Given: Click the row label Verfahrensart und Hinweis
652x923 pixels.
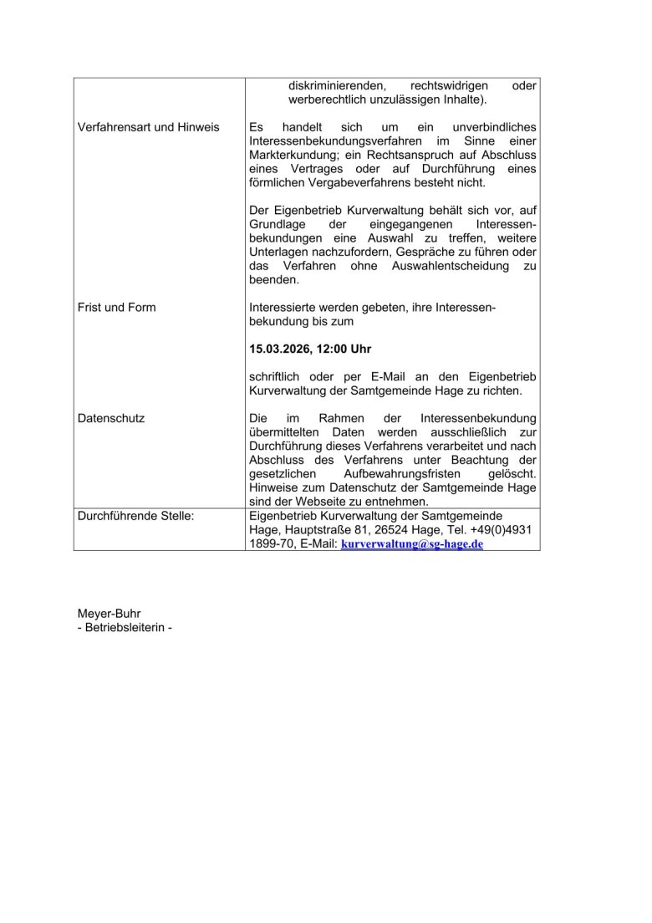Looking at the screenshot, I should click(x=148, y=127).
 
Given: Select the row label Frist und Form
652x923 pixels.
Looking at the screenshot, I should click(x=116, y=308).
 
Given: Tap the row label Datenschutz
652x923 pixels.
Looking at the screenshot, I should click(x=110, y=418).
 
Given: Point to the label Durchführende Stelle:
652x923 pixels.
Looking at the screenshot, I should click(x=135, y=517).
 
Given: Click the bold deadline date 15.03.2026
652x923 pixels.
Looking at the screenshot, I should click(x=283, y=348).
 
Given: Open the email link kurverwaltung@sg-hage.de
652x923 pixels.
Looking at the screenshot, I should click(x=412, y=544).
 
